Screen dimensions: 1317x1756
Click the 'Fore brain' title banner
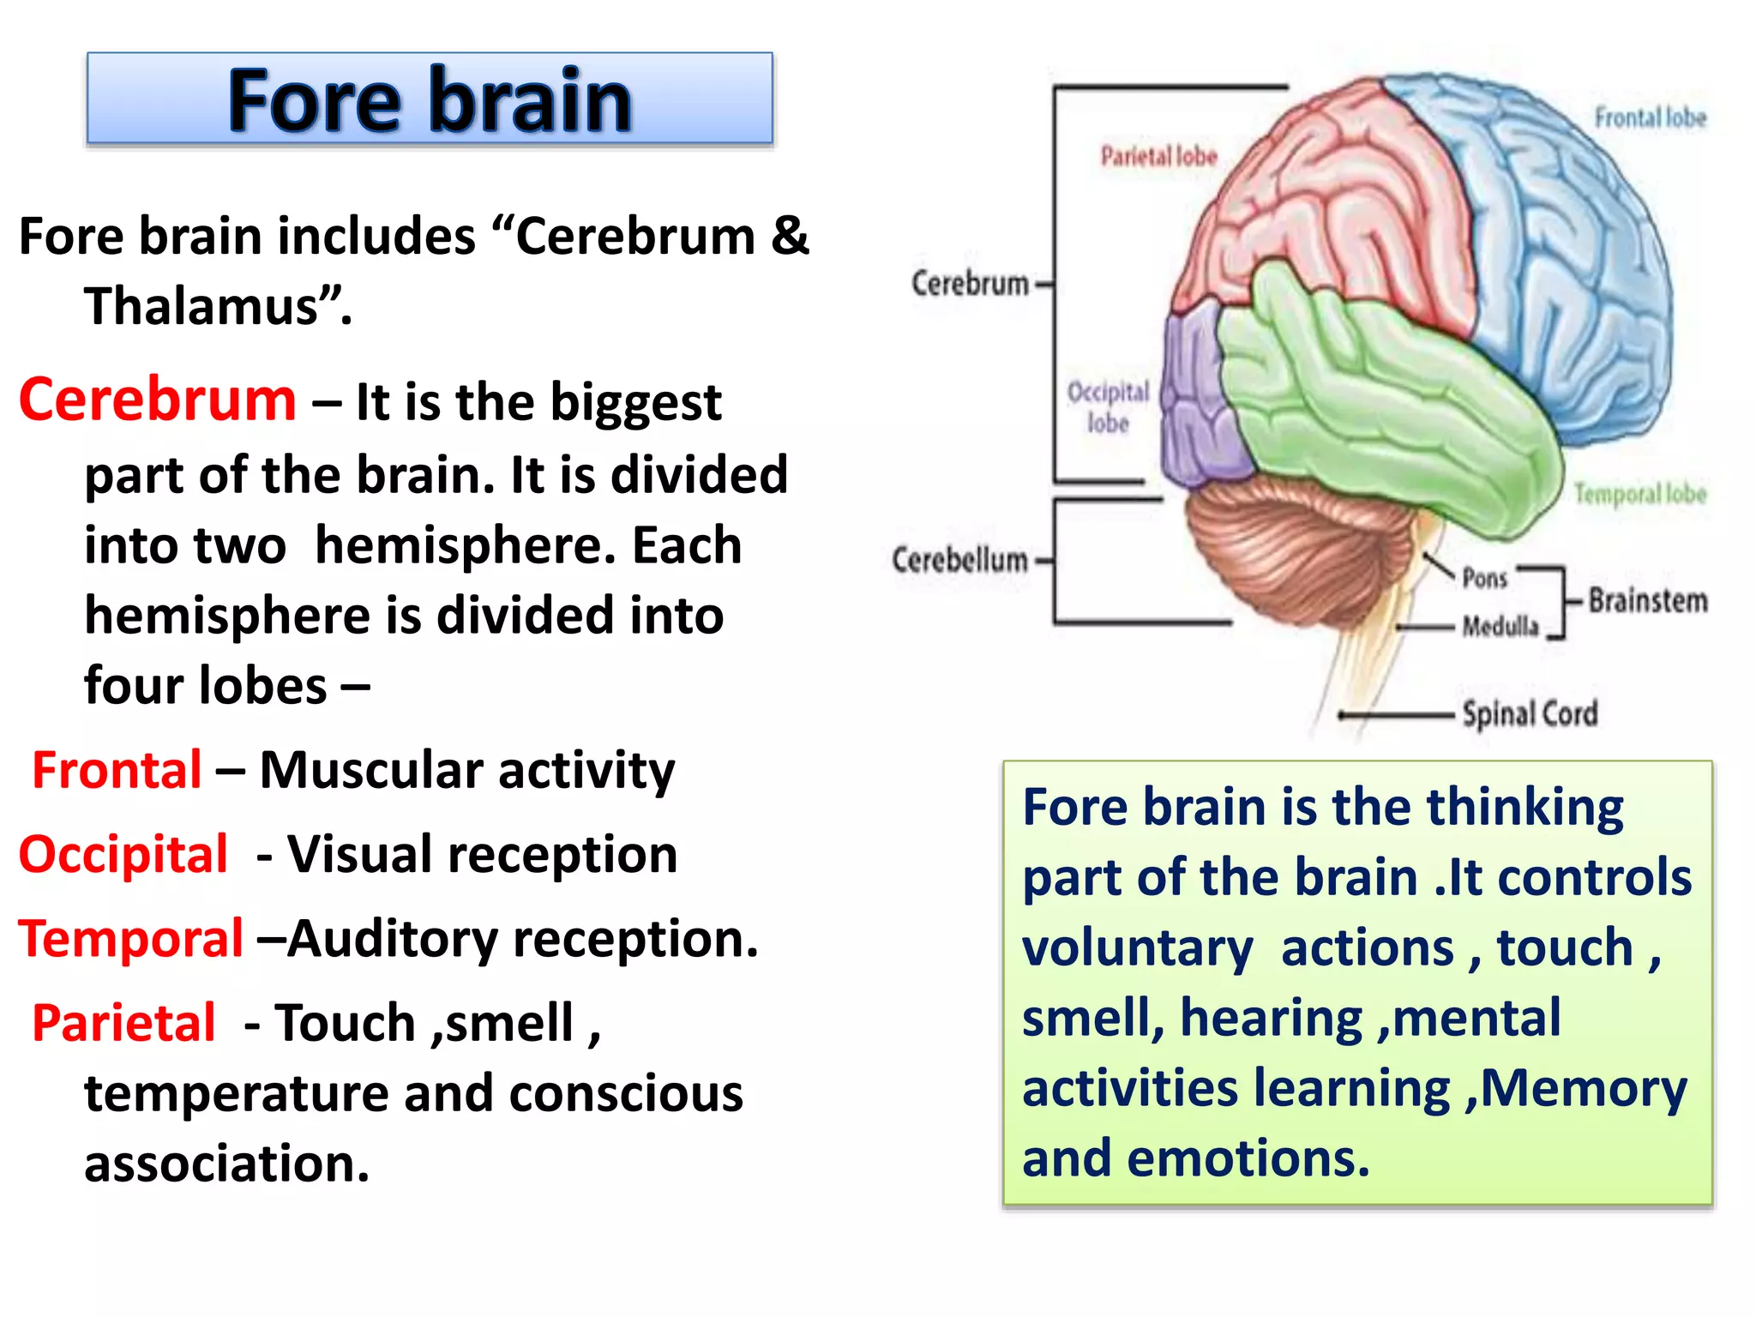point(430,99)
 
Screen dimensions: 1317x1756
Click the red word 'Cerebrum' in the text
point(158,400)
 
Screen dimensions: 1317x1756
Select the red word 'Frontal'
point(117,770)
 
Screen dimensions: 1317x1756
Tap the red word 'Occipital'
point(123,854)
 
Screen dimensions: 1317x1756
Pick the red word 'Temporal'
point(131,938)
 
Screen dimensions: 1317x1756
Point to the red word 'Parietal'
point(123,1023)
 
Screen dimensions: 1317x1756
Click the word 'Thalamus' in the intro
point(201,306)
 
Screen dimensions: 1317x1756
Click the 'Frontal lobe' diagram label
point(1650,117)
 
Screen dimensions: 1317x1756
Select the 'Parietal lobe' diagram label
point(1158,156)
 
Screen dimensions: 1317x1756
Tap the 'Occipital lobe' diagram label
point(1107,407)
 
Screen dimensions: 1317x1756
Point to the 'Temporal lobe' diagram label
point(1639,494)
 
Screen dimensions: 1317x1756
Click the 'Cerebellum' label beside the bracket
point(959,560)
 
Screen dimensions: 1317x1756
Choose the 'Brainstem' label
point(1647,600)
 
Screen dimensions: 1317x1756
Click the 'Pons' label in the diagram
point(1484,578)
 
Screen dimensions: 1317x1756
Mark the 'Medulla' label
point(1500,627)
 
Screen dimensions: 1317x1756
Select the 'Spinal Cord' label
point(1530,713)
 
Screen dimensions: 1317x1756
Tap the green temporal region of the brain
point(1389,403)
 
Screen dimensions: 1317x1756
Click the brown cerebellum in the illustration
point(1286,549)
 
